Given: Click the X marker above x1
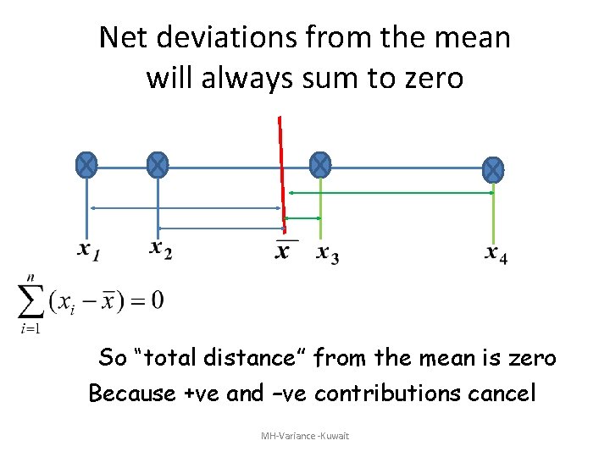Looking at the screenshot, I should coord(86,165).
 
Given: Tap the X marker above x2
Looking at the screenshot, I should coord(158,165).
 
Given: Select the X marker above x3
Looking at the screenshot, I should coord(319,165).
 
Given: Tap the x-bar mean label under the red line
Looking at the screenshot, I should coord(283,251).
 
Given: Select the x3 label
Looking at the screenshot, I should coord(327,253).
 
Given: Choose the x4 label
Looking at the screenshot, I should coord(496,253).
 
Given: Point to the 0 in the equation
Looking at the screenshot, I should coord(158,300).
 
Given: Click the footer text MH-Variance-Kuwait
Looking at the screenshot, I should coord(305,436).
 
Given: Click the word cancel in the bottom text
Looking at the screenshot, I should coord(503,394).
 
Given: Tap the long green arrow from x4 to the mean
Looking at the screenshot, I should coord(390,193).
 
